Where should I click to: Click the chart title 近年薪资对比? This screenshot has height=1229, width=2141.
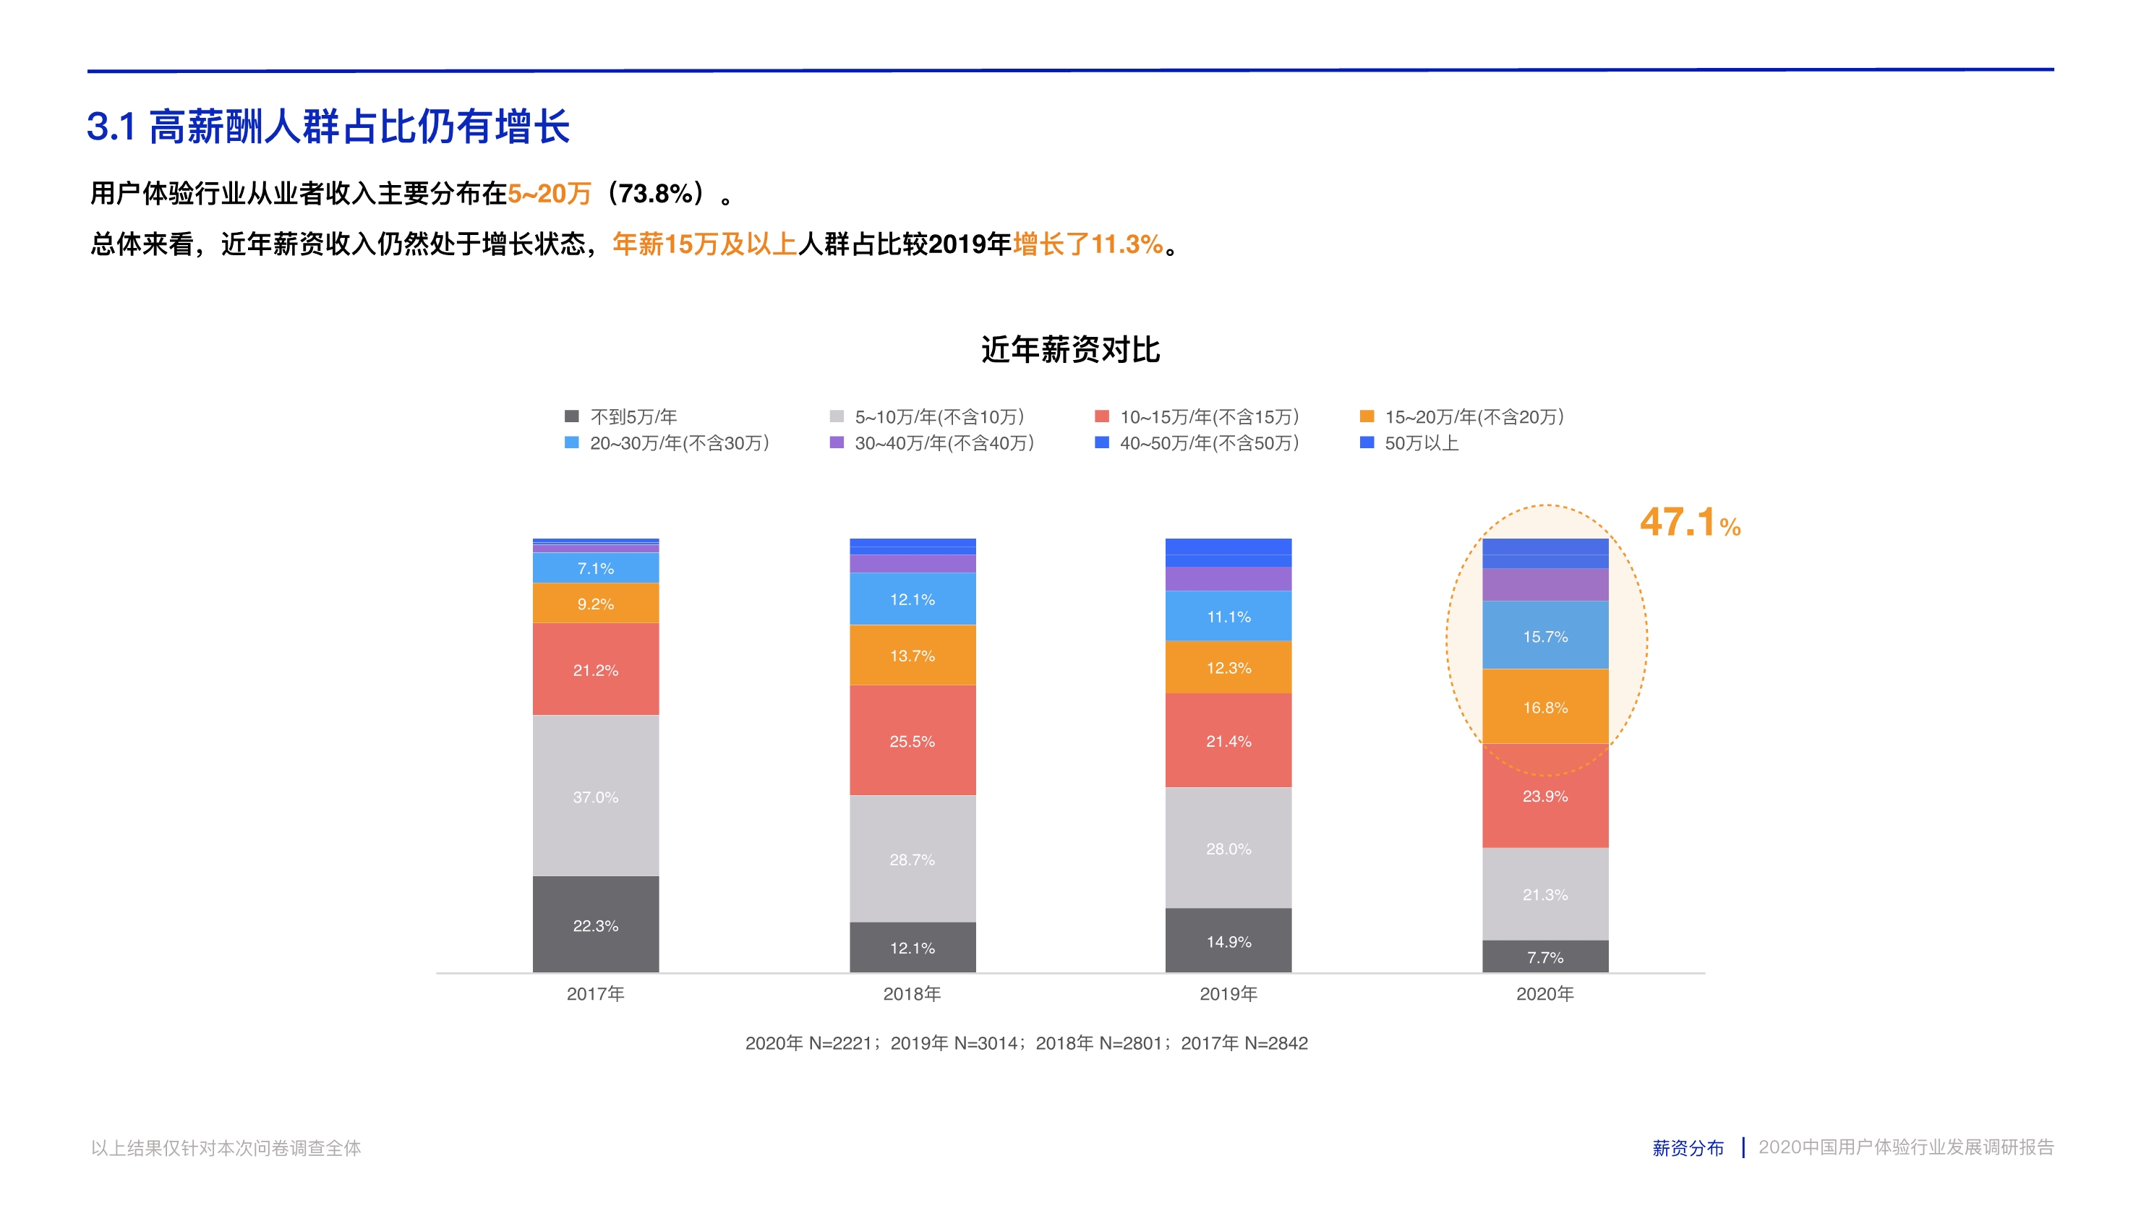(1069, 349)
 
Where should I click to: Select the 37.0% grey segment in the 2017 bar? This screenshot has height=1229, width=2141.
(595, 796)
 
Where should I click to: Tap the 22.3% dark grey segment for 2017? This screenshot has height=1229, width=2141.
(595, 925)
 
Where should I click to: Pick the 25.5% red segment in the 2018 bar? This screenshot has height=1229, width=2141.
(912, 740)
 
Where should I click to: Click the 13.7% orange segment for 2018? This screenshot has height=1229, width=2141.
(912, 655)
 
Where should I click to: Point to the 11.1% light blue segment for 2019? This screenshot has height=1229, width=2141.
(1228, 616)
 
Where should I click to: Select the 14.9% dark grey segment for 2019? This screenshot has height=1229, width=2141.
(1228, 941)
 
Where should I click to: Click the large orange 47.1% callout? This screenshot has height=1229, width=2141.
(1689, 523)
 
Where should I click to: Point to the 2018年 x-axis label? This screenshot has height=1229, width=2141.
(912, 993)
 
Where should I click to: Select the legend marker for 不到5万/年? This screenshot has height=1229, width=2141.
(571, 416)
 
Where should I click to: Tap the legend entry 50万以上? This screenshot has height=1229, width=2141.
(1421, 443)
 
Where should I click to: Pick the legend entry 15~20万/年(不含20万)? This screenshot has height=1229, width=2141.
(1473, 416)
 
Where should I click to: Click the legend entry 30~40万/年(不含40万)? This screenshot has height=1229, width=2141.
(944, 443)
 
